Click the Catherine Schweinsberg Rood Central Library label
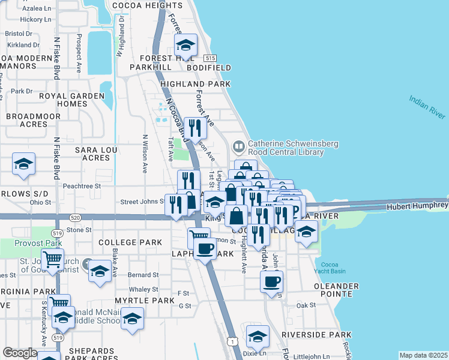pos(286,148)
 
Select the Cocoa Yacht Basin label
pos(334,268)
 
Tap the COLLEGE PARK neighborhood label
pos(130,242)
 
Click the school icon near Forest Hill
pos(185,45)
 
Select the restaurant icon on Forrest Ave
pos(194,128)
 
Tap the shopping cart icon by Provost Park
pos(53,260)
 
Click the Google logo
pos(20,353)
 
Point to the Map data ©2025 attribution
pos(423,355)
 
